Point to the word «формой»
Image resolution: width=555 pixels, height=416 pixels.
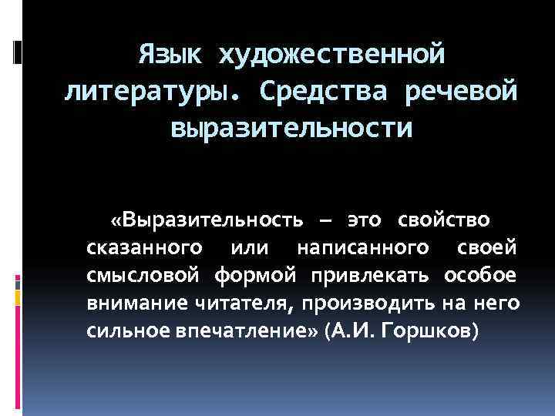(257, 275)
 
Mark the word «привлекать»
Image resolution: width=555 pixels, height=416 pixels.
(372, 275)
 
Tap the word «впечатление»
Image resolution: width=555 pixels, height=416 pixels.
(252, 330)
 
